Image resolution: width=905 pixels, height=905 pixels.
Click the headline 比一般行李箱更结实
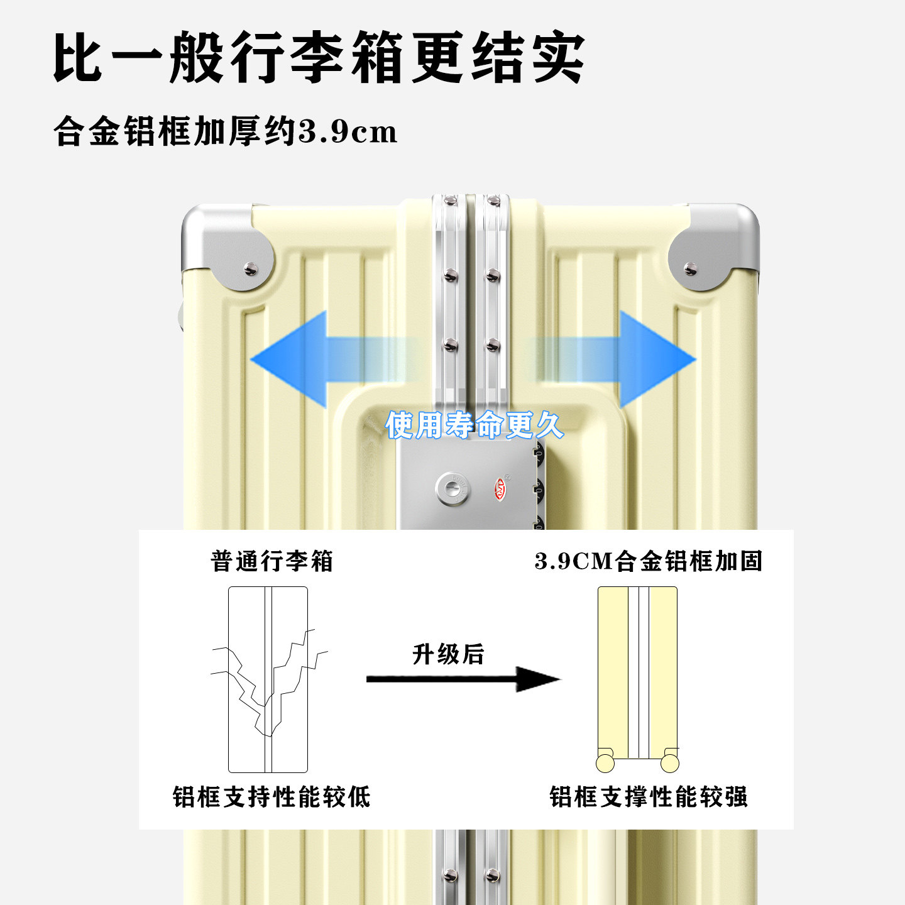point(319,58)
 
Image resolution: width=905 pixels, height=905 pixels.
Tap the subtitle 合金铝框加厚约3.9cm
point(226,131)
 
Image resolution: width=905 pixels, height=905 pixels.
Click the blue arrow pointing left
point(314,359)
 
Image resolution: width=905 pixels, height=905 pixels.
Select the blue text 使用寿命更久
point(474,425)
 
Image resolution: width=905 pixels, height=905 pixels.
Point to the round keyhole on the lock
point(452,489)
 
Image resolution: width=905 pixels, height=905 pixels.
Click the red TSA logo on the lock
point(501,489)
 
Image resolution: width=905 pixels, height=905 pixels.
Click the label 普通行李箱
point(271,561)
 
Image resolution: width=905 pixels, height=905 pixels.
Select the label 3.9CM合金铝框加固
point(648,561)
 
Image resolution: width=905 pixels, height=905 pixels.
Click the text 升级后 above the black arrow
point(448,654)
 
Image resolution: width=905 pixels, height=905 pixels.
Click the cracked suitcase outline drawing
point(268,679)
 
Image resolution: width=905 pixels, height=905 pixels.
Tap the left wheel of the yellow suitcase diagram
point(605,763)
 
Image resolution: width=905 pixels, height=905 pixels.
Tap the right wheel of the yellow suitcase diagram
point(670,763)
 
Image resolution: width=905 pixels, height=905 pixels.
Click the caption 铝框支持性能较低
point(271,797)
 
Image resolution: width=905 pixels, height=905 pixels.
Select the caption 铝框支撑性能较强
point(648,797)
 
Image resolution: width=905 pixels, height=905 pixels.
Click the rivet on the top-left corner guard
point(251,268)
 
